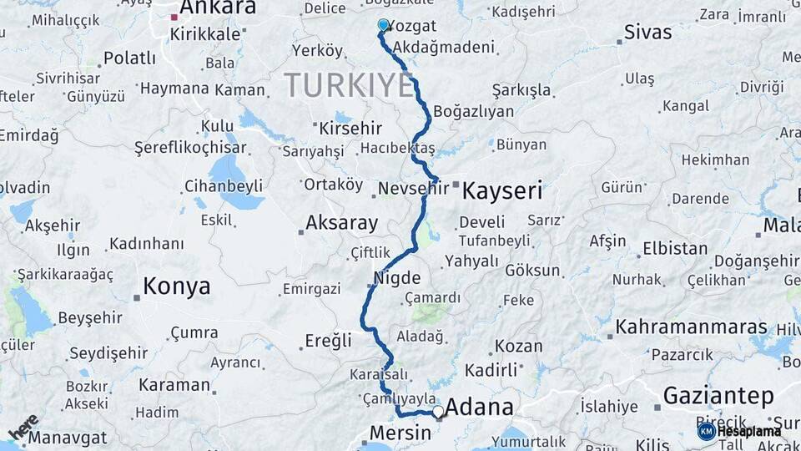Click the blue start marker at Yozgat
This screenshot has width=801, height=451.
pos(383,25)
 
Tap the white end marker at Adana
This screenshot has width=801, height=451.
pos(438,412)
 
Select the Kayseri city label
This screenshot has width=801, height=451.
pos(501,190)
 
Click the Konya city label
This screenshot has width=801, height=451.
pos(176,287)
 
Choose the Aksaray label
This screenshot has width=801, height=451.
pos(341,223)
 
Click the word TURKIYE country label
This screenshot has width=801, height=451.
pos(349,85)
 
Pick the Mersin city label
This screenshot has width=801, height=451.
pos(400,433)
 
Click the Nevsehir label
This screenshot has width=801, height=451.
pos(414,189)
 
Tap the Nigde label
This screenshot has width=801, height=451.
pos(397,278)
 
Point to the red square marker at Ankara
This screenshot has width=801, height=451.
pos(174,17)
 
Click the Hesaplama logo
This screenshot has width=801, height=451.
pos(739,431)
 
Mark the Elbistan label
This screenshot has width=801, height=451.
pos(675,249)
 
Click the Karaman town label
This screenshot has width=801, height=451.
pos(174,385)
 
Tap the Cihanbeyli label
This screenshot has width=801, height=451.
pos(224,185)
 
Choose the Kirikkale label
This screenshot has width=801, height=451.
pos(204,34)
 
